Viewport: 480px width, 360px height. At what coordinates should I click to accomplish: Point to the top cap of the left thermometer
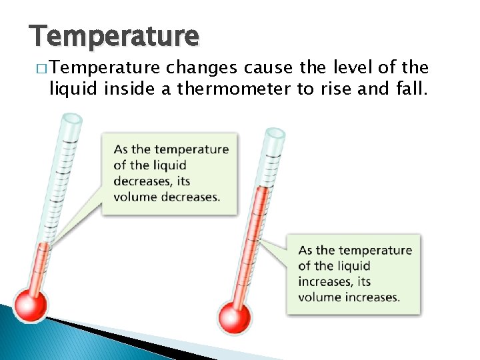pos(71,119)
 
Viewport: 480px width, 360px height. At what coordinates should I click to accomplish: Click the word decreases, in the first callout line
pos(142,181)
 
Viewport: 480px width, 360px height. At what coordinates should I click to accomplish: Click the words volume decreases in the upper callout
pos(166,197)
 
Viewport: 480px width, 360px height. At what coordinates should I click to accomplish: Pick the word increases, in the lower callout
pos(325,281)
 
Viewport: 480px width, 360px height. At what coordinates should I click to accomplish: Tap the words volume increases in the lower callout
pos(349,297)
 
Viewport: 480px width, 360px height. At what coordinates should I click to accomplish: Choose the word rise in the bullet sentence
pos(331,89)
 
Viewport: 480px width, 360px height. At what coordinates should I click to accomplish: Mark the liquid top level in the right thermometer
pos(262,188)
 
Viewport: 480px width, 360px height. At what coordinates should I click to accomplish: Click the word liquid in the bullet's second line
pos(70,89)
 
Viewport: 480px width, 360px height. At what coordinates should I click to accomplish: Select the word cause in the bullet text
pos(265,67)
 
